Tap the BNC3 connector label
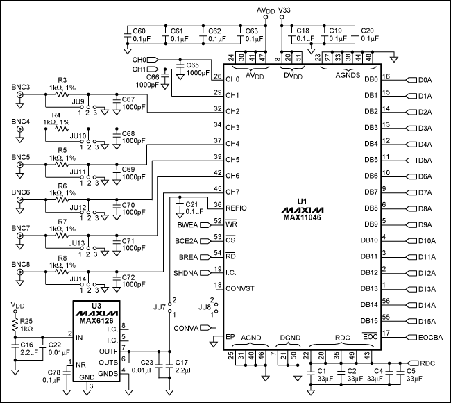click(x=22, y=88)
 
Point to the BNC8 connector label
click(x=22, y=264)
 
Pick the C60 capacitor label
click(x=139, y=31)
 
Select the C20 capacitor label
click(x=368, y=31)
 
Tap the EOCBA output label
click(x=429, y=338)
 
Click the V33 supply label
click(x=284, y=10)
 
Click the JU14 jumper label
click(x=78, y=278)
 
